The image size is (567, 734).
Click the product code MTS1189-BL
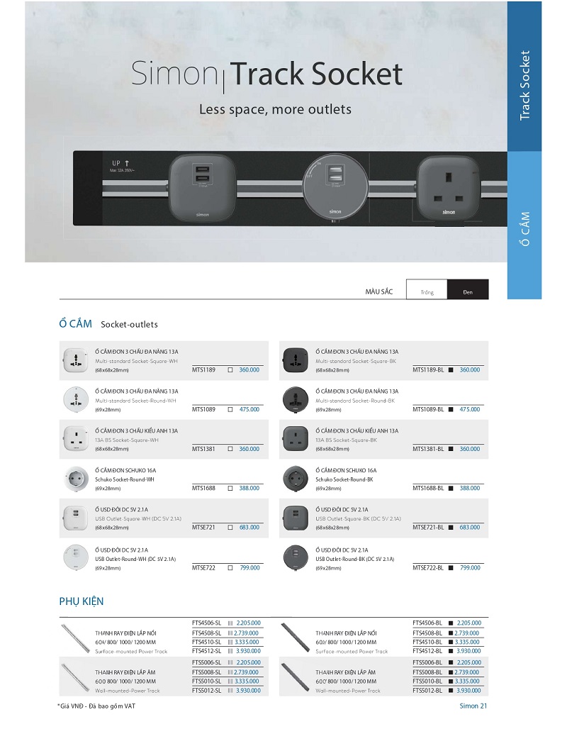[x=428, y=369]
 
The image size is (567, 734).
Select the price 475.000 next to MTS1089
[x=248, y=409]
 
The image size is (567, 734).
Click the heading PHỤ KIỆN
[x=82, y=601]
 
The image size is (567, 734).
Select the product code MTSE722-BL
[x=428, y=567]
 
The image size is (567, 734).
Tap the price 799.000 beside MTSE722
[x=249, y=567]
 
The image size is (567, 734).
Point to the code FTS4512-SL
[x=207, y=650]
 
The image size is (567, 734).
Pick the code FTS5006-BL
[x=427, y=662]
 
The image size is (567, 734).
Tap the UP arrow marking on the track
[x=120, y=164]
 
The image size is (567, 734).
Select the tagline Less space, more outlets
[x=275, y=110]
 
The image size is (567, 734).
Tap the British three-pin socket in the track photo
[x=448, y=188]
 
